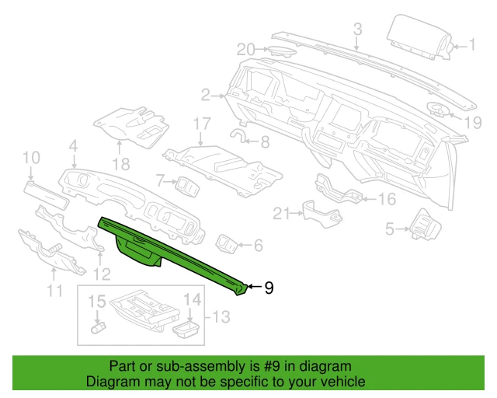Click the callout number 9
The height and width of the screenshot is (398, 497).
[269, 288]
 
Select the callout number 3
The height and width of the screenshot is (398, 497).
[357, 30]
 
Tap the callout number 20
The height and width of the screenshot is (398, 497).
[246, 50]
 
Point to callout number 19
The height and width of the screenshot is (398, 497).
[474, 122]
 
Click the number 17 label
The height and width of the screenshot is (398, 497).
[202, 124]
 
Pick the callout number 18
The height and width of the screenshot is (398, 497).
[120, 163]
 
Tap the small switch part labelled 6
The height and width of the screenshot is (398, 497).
[230, 244]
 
